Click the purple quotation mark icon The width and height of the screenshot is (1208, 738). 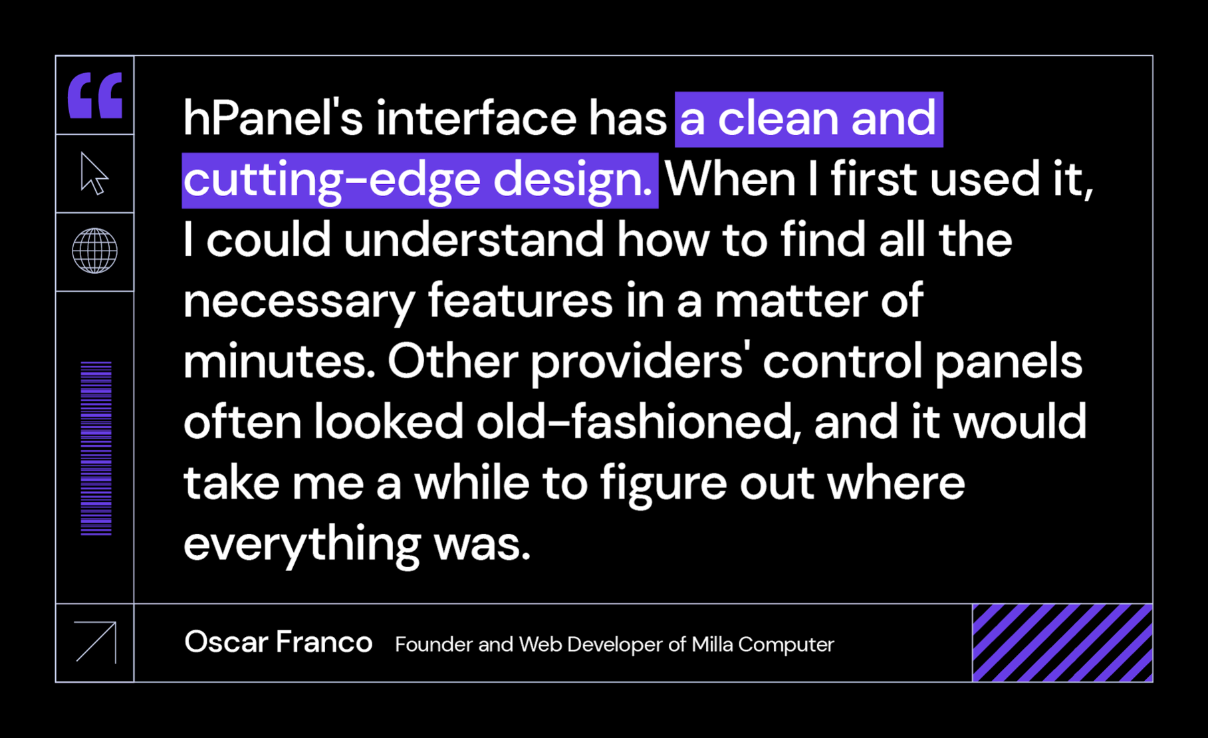[95, 95]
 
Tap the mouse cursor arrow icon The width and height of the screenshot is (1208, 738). [94, 174]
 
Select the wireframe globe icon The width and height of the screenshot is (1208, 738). [95, 251]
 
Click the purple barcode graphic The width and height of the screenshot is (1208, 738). [96, 448]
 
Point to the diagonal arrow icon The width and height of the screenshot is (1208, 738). [96, 642]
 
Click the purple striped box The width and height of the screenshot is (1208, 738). [1062, 643]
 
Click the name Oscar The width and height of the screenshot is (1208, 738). [226, 642]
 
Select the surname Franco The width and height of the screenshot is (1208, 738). [324, 642]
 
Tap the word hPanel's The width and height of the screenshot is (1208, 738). [273, 118]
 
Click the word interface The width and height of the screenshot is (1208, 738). [476, 118]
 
